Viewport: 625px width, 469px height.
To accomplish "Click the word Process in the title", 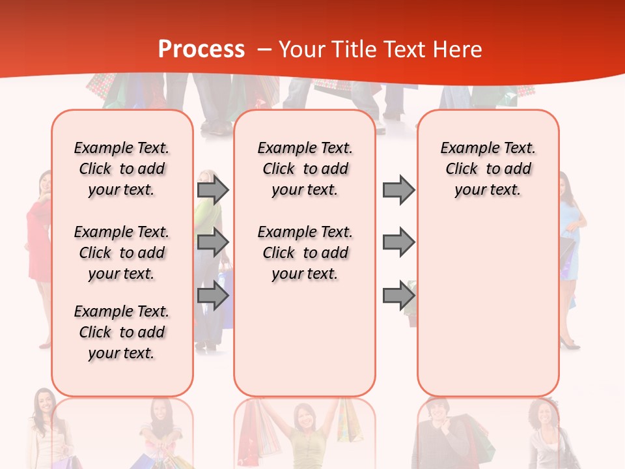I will [201, 50].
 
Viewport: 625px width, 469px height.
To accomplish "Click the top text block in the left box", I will [122, 169].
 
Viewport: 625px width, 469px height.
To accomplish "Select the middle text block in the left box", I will [122, 253].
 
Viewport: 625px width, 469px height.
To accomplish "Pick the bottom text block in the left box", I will [122, 332].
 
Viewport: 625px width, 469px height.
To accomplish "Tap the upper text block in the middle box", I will [305, 169].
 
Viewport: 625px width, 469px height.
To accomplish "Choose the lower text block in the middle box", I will [305, 253].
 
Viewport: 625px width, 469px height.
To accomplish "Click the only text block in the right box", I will [488, 169].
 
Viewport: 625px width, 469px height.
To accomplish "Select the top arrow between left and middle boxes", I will [213, 190].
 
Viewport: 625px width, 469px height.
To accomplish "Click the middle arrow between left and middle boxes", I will [213, 242].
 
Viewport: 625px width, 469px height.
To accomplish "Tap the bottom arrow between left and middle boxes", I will [213, 296].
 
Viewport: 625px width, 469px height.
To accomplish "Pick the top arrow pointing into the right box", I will [398, 190].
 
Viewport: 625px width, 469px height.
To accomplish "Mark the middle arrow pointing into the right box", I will [398, 242].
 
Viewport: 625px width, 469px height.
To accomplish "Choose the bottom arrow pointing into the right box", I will [398, 296].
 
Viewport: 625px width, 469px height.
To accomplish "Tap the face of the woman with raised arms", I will [304, 417].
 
